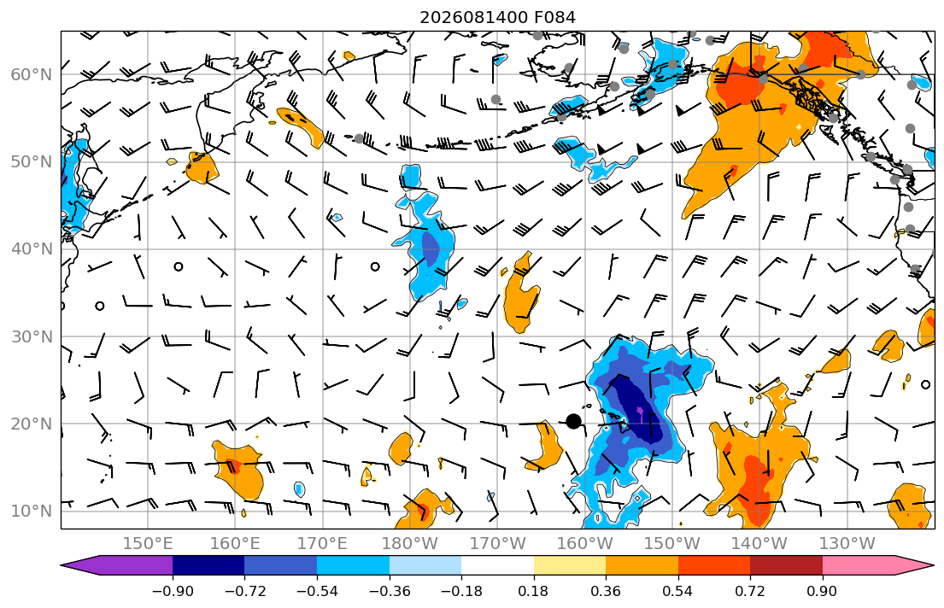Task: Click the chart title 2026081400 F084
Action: click(497, 17)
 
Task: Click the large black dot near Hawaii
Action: click(574, 421)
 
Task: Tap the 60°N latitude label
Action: click(32, 74)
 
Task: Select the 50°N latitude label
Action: click(32, 162)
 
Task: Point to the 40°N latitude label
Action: click(32, 249)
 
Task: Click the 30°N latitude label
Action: click(32, 336)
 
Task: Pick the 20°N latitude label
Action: click(32, 424)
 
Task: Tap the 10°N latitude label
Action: click(32, 512)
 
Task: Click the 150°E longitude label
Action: click(148, 544)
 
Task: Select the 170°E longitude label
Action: click(323, 544)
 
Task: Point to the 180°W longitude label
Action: click(411, 544)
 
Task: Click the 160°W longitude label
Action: click(585, 544)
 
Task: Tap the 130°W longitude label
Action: click(847, 544)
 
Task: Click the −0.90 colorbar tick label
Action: click(173, 591)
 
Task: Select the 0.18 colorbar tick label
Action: click(533, 591)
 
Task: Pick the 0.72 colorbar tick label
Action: click(750, 591)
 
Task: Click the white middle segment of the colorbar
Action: click(497, 565)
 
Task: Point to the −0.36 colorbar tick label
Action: click(390, 591)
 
